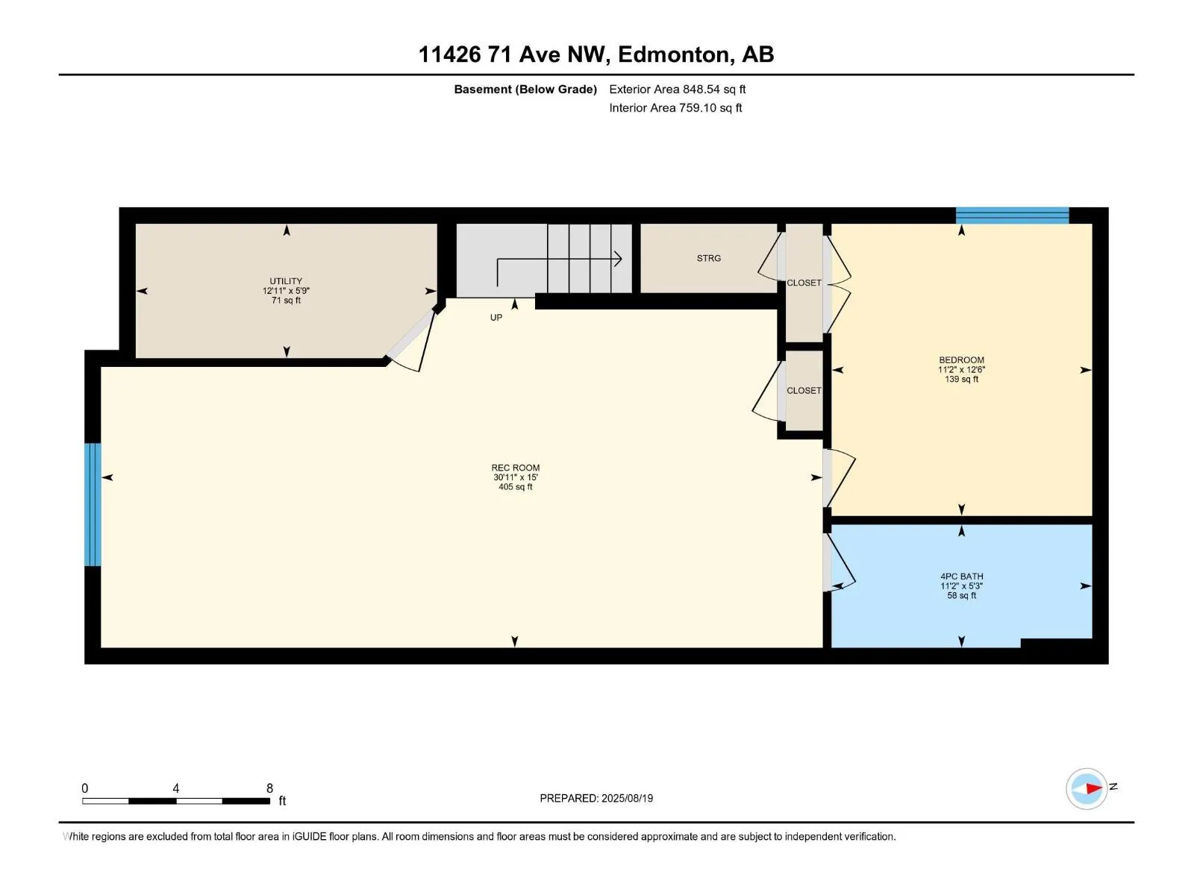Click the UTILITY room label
[x=286, y=282]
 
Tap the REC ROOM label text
[x=515, y=468]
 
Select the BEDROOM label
[x=961, y=360]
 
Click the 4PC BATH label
[x=961, y=577]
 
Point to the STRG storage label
[x=708, y=258]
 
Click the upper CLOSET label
[x=804, y=283]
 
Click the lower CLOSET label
[x=804, y=391]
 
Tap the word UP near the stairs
[x=496, y=318]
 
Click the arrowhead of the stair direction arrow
[x=618, y=259]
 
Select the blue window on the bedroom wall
[x=1012, y=216]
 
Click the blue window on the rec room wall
[x=93, y=504]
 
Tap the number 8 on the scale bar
[x=269, y=788]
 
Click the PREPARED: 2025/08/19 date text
[x=596, y=798]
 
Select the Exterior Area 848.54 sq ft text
[x=677, y=89]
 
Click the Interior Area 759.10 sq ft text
[x=675, y=108]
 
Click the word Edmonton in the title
[x=674, y=54]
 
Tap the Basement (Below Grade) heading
[x=525, y=89]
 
